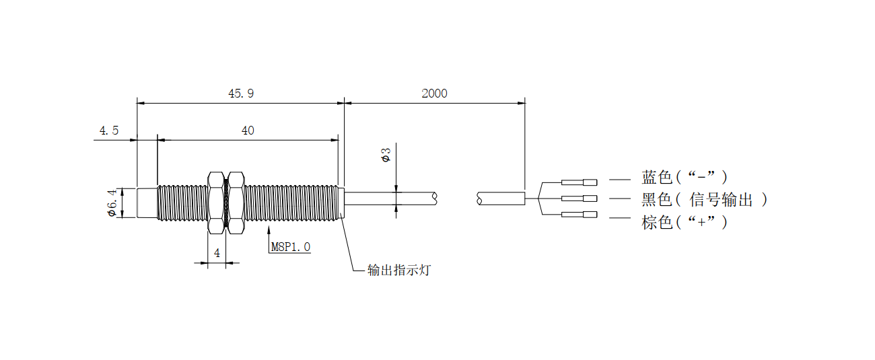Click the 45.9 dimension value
[241, 94]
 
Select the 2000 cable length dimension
[434, 94]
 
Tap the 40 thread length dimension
[248, 131]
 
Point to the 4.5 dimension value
[109, 131]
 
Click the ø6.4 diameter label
[112, 202]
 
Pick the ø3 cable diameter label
[386, 156]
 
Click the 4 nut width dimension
[217, 253]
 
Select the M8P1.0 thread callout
[291, 247]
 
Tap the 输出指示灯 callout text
[398, 271]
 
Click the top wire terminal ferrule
[579, 182]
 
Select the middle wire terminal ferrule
[579, 199]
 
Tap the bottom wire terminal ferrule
[579, 215]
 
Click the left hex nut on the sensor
[216, 203]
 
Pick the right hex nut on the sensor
[236, 203]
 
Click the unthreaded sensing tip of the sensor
[147, 203]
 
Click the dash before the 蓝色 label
[619, 180]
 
